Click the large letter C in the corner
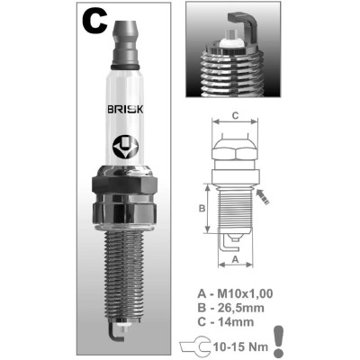click(x=94, y=21)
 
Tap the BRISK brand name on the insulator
click(x=125, y=110)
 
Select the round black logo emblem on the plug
click(x=124, y=148)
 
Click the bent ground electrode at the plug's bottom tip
click(x=113, y=334)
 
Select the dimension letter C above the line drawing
click(x=236, y=115)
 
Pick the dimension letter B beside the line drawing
click(x=202, y=208)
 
